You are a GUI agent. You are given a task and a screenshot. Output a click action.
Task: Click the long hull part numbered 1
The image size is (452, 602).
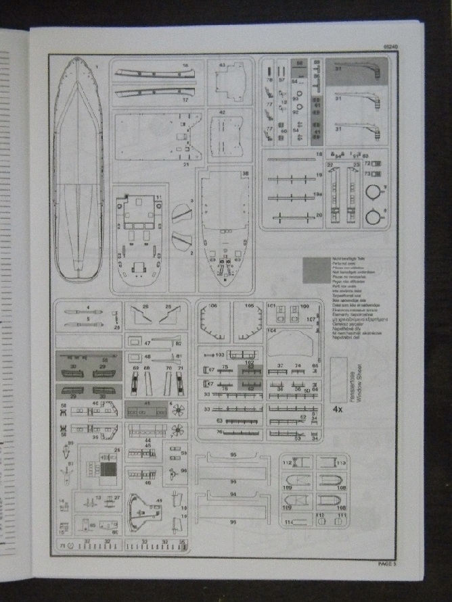point(78,176)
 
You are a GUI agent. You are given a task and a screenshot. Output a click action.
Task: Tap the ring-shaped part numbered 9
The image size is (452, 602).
point(373,192)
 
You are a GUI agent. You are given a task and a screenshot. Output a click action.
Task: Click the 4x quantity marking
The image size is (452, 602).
point(338,409)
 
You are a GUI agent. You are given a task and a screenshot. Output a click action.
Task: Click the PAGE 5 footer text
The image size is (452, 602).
point(390,562)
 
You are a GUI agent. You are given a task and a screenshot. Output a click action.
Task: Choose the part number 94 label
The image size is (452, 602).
point(233,495)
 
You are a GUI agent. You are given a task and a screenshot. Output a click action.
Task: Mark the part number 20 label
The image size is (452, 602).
point(319,216)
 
